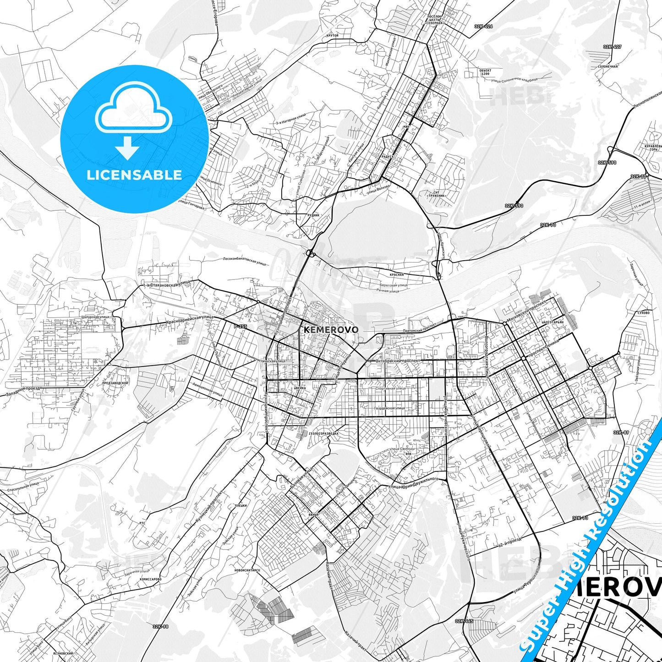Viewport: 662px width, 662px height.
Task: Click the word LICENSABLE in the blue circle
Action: click(x=134, y=175)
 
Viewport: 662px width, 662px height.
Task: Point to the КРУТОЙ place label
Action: click(x=333, y=35)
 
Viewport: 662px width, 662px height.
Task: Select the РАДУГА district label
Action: click(x=388, y=157)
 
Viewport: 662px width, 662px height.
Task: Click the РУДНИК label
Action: click(x=314, y=215)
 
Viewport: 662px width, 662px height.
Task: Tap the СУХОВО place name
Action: click(x=643, y=313)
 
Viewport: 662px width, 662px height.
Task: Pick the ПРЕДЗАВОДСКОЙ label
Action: click(x=115, y=383)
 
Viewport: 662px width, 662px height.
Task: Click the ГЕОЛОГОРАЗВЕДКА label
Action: click(x=324, y=433)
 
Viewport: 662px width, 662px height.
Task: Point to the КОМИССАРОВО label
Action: click(x=151, y=579)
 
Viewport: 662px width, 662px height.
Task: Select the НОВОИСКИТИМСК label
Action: click(x=247, y=570)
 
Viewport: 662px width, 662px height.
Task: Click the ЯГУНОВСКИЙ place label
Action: click(x=63, y=653)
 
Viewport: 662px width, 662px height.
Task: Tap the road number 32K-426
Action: click(x=484, y=27)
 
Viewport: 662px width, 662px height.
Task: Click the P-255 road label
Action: click(x=240, y=326)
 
